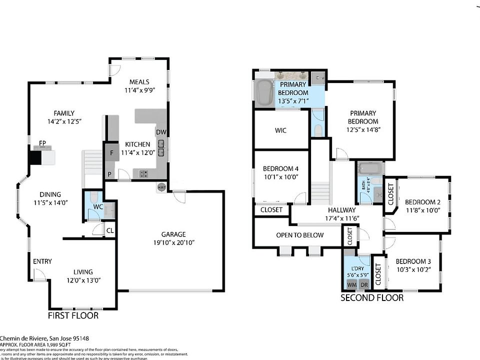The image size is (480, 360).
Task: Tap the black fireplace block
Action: (34, 157)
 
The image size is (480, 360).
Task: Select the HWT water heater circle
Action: (161, 187)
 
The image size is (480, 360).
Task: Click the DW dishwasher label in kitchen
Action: (160, 132)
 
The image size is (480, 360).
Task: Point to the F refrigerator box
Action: (111, 152)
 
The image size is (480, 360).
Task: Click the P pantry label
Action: (109, 174)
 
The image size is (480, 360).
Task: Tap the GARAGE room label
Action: (173, 234)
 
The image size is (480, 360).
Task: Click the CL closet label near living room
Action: (109, 230)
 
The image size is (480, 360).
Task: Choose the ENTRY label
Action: (42, 261)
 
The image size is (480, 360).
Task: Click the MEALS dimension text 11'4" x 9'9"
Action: (140, 90)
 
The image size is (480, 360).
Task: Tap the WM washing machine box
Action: (352, 284)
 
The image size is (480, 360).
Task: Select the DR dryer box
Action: (364, 284)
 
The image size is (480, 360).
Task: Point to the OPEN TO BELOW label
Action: (300, 235)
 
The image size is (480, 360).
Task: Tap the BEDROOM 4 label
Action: (280, 168)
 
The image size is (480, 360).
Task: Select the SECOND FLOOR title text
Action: (372, 298)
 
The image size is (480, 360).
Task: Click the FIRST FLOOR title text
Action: (73, 315)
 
